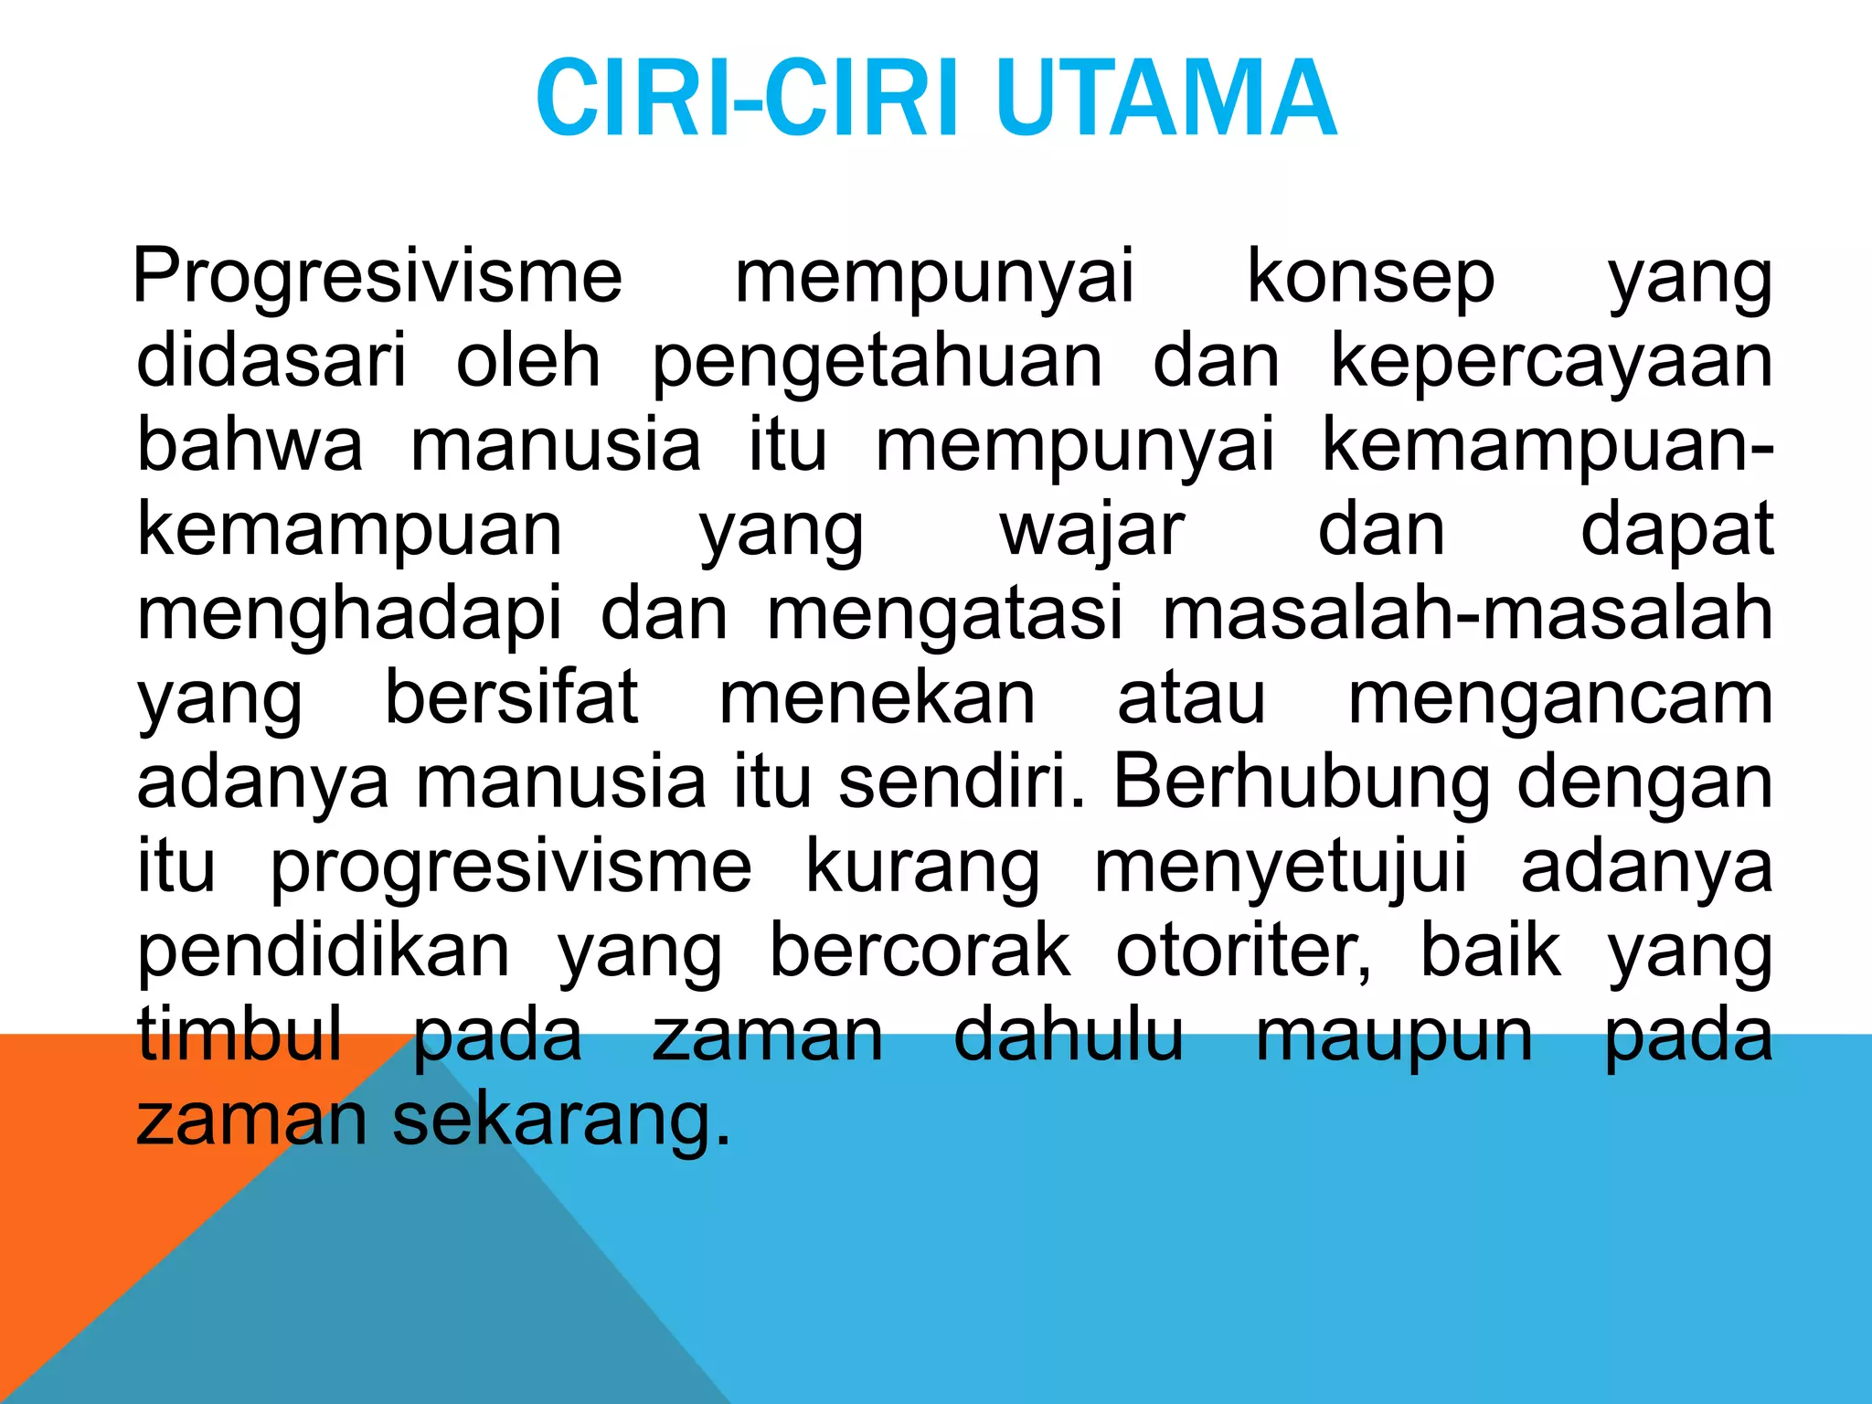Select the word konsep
coord(1371,276)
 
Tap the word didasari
coord(271,361)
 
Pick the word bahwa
coord(250,445)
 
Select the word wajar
coord(1092,531)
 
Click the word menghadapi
coord(349,615)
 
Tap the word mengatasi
coord(944,615)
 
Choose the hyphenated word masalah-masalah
coord(1467,613)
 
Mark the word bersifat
coord(511,698)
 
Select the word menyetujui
coord(1280,867)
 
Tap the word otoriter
coord(1243,952)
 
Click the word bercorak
coord(920,952)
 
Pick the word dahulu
coord(1069,1036)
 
